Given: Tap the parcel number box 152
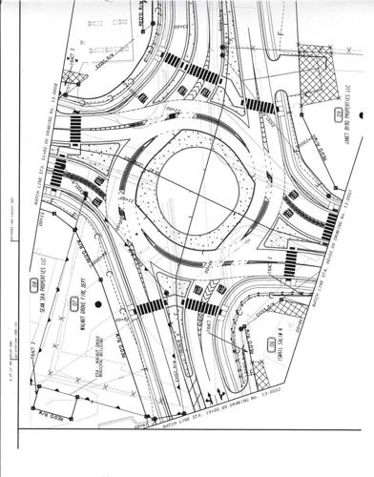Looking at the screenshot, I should click(x=338, y=115).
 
